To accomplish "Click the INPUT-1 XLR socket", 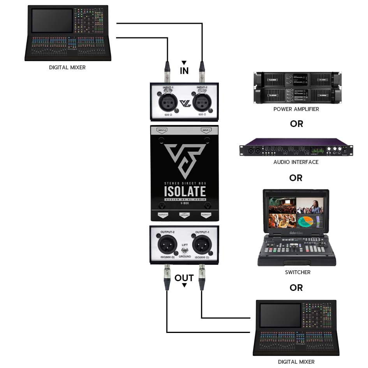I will pos(166,102).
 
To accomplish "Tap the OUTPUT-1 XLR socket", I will pos(202,245).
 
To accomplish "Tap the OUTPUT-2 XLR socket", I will pos(166,245).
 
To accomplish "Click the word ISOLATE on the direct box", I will pos(185,192).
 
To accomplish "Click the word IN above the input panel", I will pos(184,71).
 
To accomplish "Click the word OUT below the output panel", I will pos(184,278).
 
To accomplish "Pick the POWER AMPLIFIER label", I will pos(296,109).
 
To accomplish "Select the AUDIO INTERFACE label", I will pos(296,162).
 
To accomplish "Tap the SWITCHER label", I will pos(298,272).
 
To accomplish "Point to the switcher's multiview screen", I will pos(296,212).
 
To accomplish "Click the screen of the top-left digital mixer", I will pos(52,20).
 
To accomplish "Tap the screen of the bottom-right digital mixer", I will pos(280,315).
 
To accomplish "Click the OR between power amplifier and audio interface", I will pos(296,124).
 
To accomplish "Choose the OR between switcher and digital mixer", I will pos(296,288).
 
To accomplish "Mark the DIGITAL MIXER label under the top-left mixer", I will pos(67,67).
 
